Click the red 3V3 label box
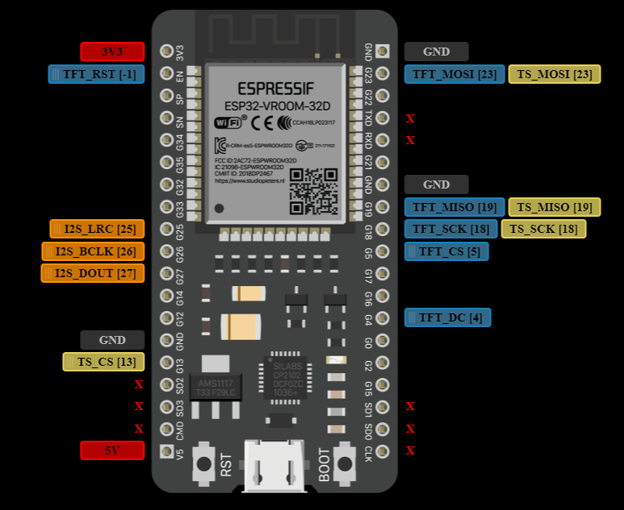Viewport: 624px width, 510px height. (x=112, y=52)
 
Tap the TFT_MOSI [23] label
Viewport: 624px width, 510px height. (x=455, y=74)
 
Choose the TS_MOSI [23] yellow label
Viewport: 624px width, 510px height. (x=554, y=74)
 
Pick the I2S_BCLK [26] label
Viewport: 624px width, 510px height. (x=94, y=251)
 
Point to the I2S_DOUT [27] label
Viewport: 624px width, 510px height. (x=93, y=273)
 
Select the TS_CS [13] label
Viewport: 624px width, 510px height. (x=104, y=362)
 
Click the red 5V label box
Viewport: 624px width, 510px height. (x=112, y=450)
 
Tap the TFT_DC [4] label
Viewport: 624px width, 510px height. (x=447, y=317)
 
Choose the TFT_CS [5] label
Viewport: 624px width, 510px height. (x=446, y=251)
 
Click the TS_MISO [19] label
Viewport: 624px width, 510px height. (x=554, y=207)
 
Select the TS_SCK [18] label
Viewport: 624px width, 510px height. (x=543, y=229)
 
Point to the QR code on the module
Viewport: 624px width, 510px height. (x=313, y=191)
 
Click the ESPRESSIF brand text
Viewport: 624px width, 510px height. (x=277, y=87)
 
